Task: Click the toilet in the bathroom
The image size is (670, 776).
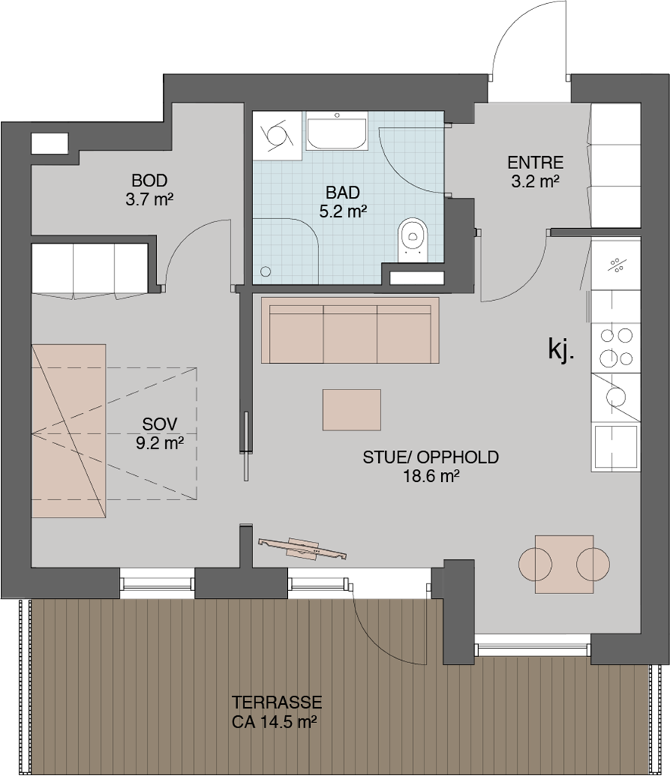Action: click(x=413, y=237)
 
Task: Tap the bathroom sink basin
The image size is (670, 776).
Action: click(x=337, y=131)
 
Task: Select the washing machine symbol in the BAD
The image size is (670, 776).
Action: click(x=277, y=135)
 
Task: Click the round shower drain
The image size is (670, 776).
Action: click(x=266, y=271)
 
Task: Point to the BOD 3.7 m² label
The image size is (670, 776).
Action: click(x=149, y=190)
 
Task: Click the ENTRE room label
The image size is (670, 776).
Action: click(x=535, y=163)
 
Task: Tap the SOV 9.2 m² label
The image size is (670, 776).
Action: click(x=160, y=433)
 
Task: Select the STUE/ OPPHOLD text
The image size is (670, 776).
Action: click(x=430, y=458)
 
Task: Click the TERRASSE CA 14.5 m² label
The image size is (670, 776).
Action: click(x=276, y=712)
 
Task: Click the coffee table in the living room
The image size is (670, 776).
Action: click(x=352, y=409)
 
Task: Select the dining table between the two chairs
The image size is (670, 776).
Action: click(x=565, y=564)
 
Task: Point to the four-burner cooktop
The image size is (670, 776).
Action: click(x=616, y=346)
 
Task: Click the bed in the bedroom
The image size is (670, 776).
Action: click(x=69, y=431)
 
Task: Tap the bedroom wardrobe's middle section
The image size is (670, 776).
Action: click(x=94, y=271)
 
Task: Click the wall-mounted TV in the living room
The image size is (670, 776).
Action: click(x=302, y=549)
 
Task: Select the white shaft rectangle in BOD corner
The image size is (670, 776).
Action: click(x=49, y=143)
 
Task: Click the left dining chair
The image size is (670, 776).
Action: click(x=535, y=564)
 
